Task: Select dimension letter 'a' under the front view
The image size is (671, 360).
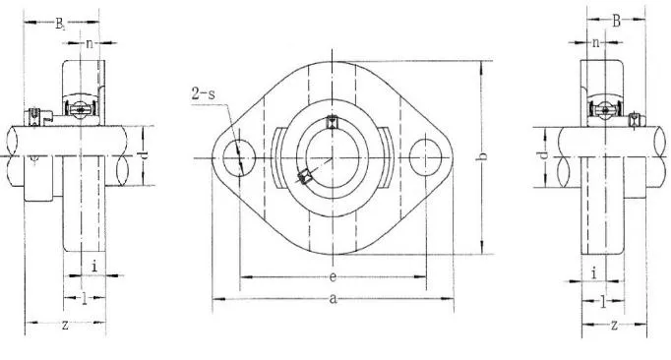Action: point(334,301)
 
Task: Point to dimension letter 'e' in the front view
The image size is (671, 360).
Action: point(334,277)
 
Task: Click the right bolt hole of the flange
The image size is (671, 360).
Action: point(426,156)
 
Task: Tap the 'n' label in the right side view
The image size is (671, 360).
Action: point(596,42)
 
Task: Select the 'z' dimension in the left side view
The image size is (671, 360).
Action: point(65,325)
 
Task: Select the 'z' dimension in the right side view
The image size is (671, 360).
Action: point(614,325)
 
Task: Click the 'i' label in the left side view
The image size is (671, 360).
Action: point(93,267)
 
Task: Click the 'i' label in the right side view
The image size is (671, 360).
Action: point(595,272)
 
